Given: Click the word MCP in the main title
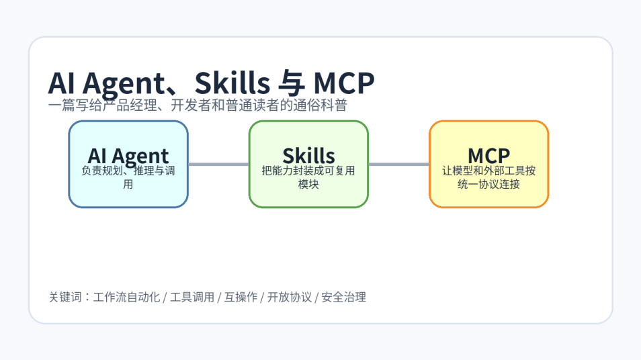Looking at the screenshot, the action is [x=343, y=83].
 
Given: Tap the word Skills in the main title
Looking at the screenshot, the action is [x=230, y=83].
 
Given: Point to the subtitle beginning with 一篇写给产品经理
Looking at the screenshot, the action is [x=198, y=105].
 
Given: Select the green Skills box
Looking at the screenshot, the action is [x=308, y=195].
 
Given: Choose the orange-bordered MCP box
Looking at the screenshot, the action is [x=488, y=195].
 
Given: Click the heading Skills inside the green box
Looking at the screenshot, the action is [x=308, y=155].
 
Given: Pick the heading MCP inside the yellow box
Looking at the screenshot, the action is [x=488, y=155].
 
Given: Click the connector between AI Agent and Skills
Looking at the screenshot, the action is [x=218, y=164].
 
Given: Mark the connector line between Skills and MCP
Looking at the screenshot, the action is [x=398, y=164].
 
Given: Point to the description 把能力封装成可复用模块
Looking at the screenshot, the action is [x=308, y=177].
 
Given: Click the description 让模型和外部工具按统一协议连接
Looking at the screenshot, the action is [x=488, y=177].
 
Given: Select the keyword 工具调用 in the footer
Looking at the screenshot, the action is [x=192, y=297].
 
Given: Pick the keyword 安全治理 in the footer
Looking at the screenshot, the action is [x=343, y=297].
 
